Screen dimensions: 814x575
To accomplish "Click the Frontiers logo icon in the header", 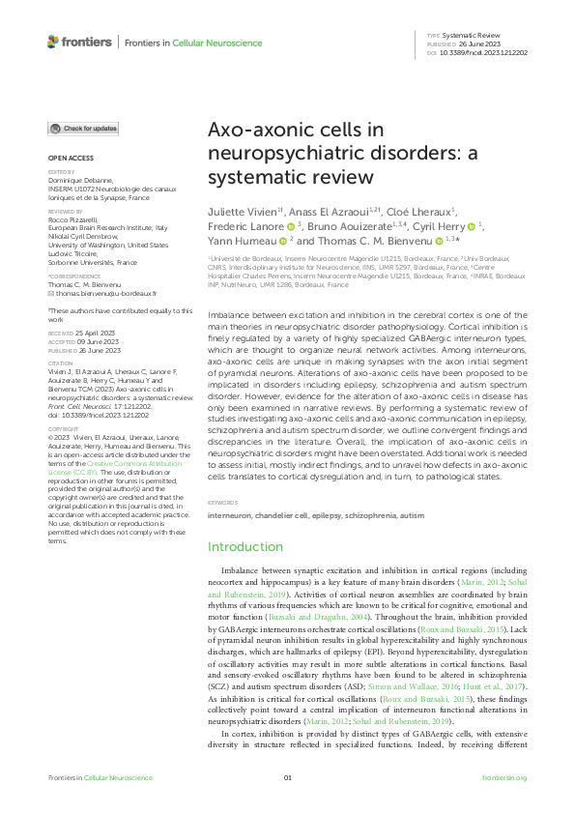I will (53, 43).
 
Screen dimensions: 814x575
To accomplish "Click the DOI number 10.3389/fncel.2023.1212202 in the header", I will (482, 53).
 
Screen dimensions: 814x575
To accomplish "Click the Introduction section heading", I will (245, 547).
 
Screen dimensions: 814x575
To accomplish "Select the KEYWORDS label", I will (223, 503).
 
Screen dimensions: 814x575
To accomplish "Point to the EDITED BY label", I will (60, 172).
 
